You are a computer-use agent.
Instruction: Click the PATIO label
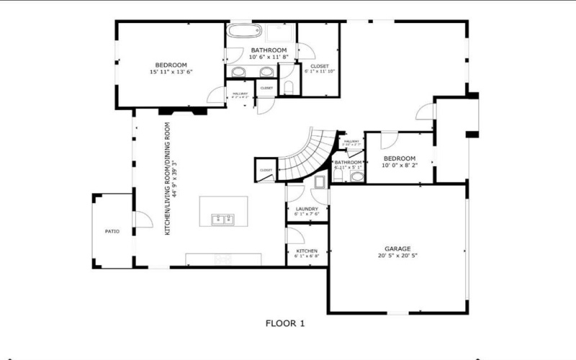point(112,231)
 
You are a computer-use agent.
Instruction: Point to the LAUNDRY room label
point(307,209)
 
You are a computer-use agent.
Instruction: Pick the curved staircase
point(302,155)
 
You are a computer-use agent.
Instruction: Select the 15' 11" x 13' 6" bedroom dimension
point(171,72)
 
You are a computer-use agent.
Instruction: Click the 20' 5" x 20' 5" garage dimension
point(397,256)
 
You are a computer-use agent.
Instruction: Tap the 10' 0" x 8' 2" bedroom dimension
point(399,165)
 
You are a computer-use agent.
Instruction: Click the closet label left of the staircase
point(265,170)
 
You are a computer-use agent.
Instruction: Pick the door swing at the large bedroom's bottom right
point(215,95)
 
